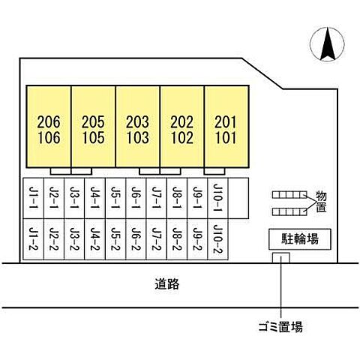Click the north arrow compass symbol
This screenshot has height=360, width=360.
point(327,44)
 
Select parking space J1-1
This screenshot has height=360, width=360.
point(33,198)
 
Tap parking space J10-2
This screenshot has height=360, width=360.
point(217,239)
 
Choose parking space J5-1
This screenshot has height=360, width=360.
point(115,198)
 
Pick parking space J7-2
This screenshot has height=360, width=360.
point(157,239)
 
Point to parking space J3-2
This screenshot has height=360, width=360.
point(74,239)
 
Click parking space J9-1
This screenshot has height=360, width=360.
point(197,198)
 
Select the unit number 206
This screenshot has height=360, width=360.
point(49,122)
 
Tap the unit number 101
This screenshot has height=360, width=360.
point(226,138)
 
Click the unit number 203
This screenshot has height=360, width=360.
point(137,122)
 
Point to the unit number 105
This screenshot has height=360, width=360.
point(94,138)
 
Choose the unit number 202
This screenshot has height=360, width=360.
point(182,122)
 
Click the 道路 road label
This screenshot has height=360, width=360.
point(167,284)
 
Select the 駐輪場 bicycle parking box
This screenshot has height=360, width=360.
point(300,238)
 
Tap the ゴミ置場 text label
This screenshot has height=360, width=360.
point(280,327)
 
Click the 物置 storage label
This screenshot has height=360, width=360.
point(322,202)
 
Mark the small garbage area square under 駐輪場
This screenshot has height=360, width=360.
point(281,257)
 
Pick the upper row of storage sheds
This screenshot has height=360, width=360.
point(289,195)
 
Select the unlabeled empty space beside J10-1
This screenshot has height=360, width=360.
point(238,198)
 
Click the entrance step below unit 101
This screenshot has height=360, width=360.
point(214,171)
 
